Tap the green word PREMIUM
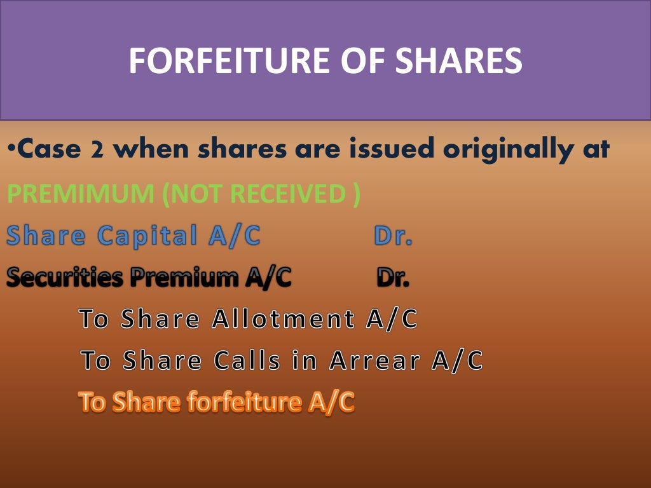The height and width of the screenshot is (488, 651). coord(80,194)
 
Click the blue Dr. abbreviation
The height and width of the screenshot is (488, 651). coord(393,236)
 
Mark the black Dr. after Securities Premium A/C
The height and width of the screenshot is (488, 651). coord(393,277)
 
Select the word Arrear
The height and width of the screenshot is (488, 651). coord(375,360)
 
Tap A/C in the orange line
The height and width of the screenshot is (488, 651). coord(331,402)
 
